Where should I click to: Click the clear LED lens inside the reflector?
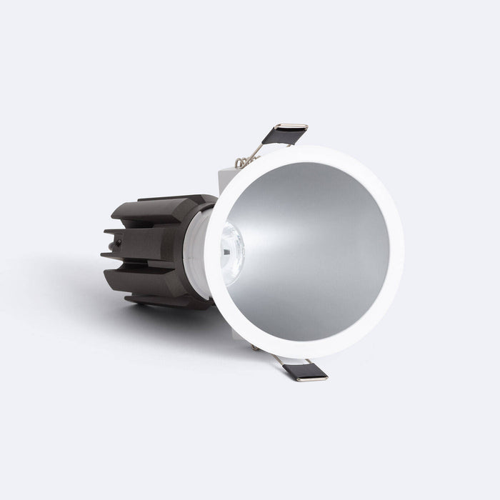pyautogui.click(x=230, y=247)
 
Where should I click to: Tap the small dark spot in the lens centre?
pyautogui.click(x=227, y=250)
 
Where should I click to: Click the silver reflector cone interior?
pyautogui.click(x=314, y=250)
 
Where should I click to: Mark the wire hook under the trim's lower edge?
pyautogui.click(x=255, y=348)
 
